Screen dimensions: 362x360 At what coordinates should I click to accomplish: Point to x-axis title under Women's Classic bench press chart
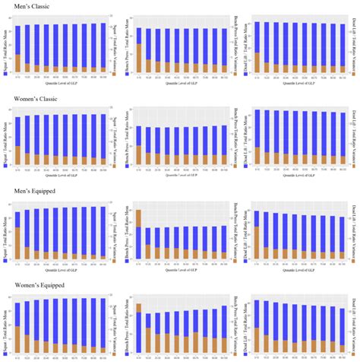point(180,174)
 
